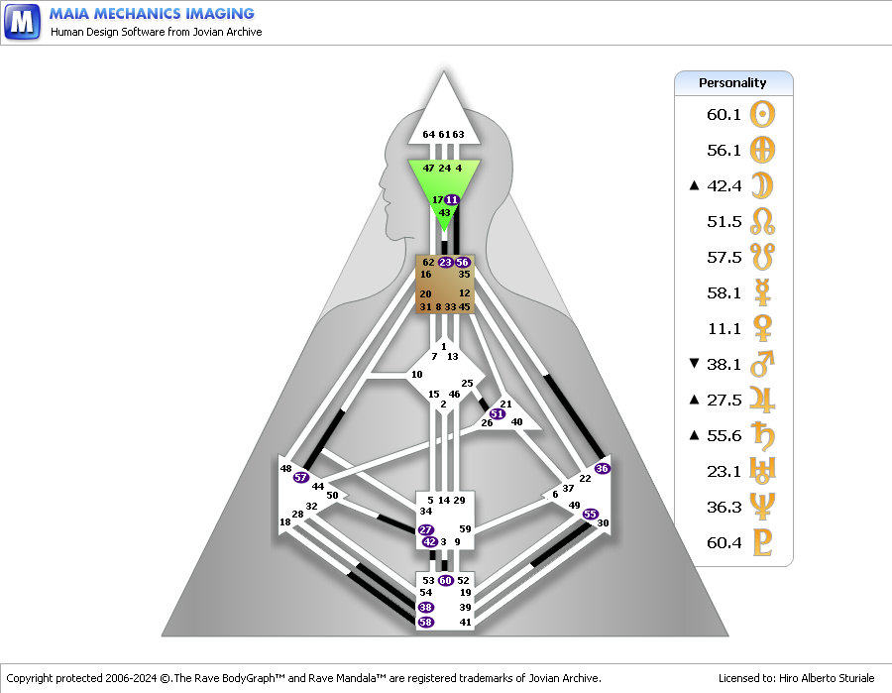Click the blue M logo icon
22,21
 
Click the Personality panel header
733,83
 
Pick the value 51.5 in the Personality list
724,221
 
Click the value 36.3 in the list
724,507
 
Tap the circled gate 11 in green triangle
452,199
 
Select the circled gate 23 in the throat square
445,262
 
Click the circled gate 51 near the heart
497,413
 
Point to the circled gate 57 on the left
301,477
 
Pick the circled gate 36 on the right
602,468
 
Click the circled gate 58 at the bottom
425,622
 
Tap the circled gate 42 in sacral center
429,541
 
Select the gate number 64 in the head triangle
428,134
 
